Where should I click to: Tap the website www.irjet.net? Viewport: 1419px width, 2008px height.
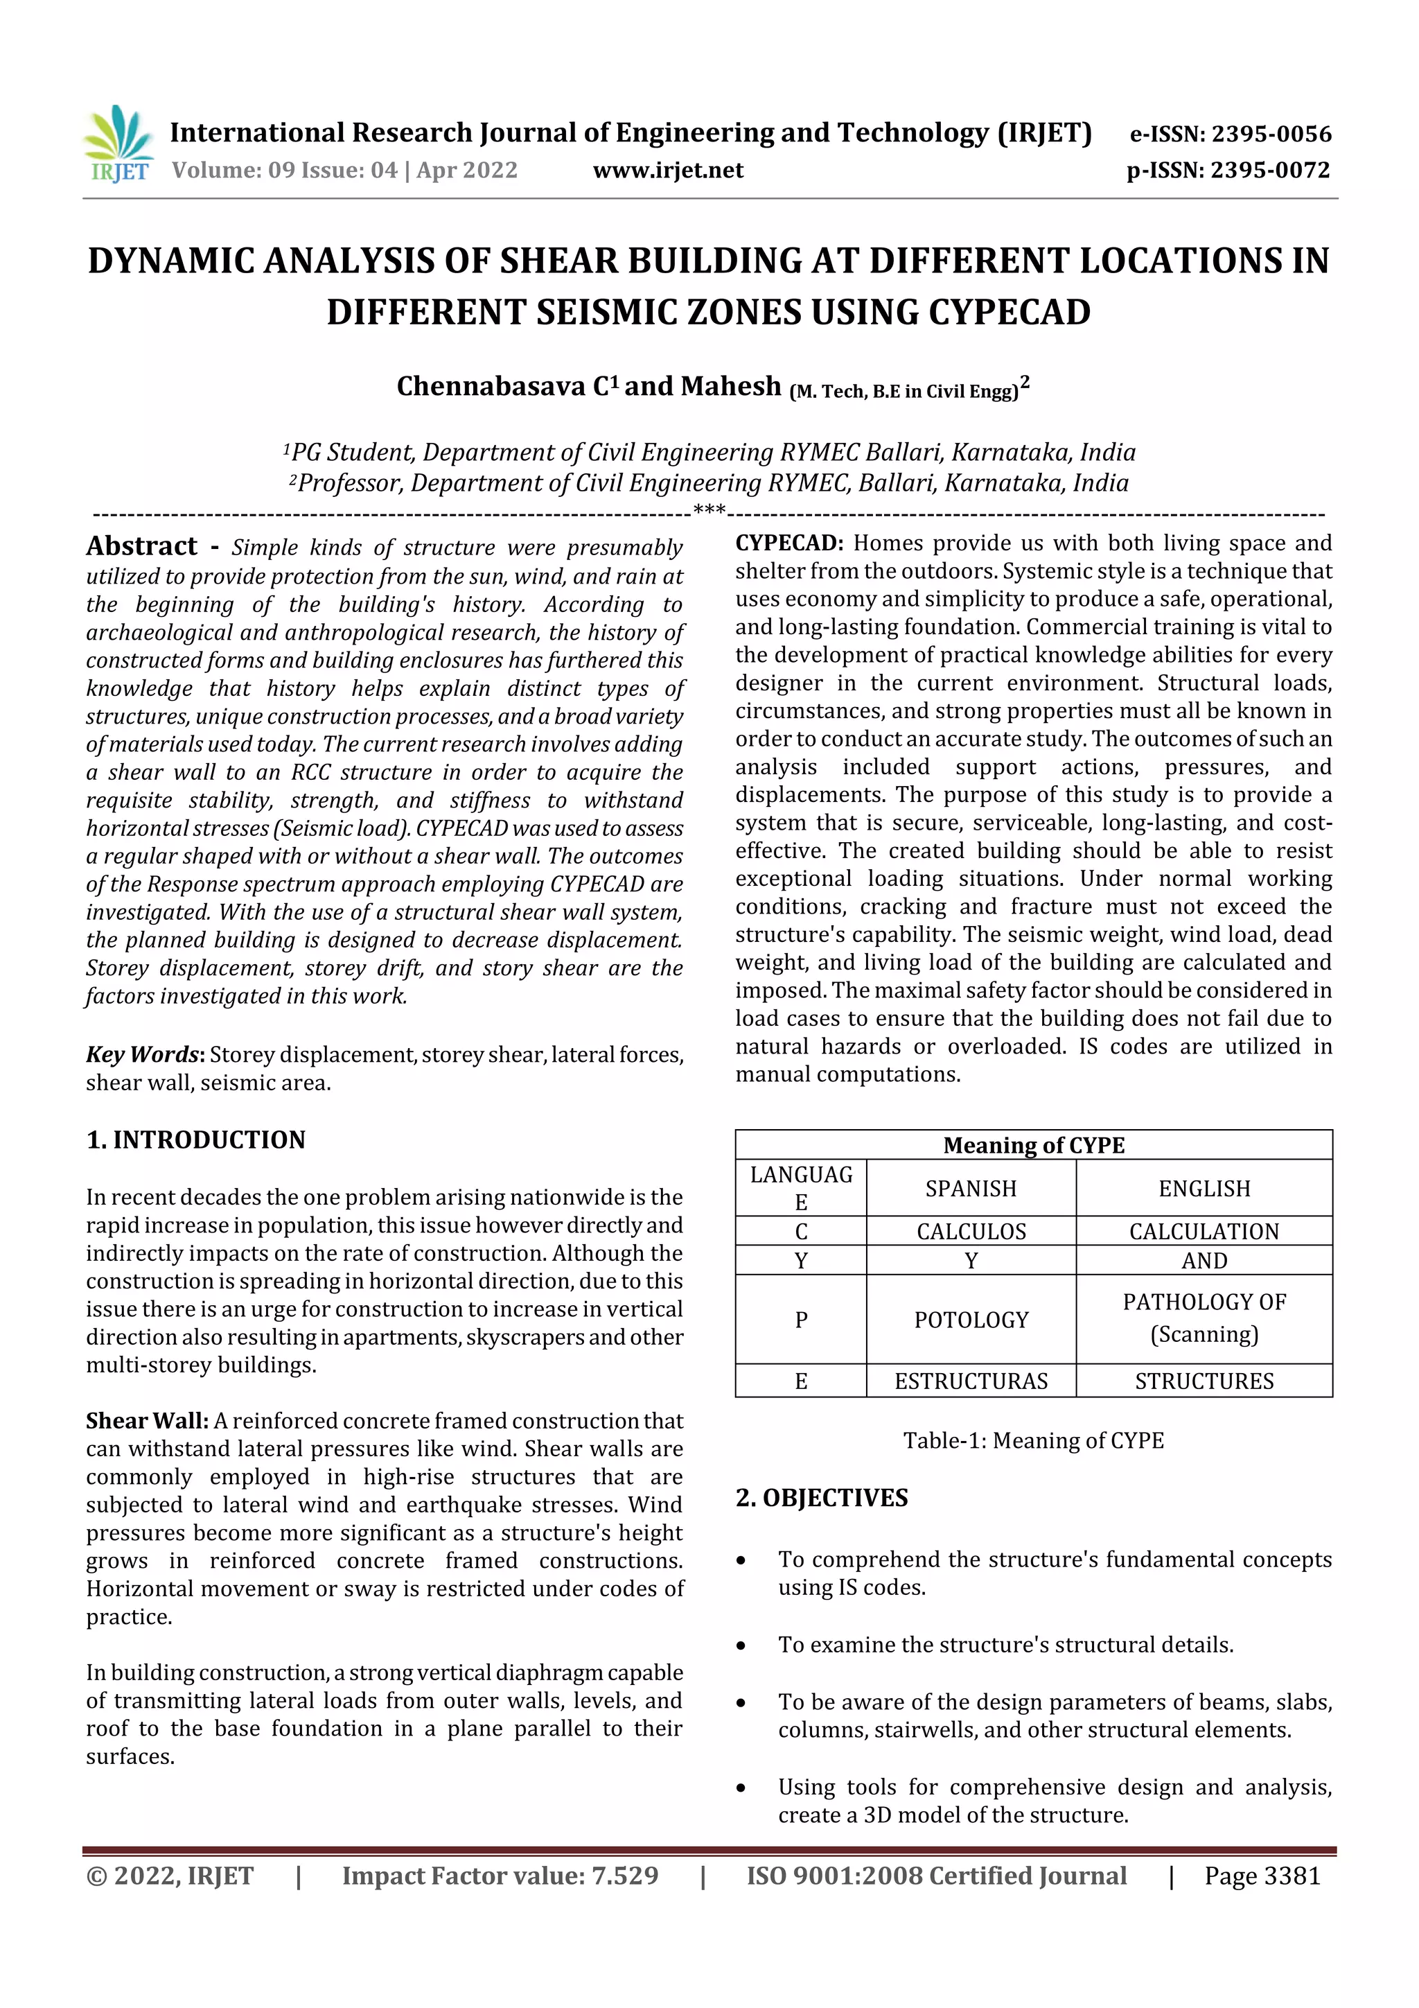668,170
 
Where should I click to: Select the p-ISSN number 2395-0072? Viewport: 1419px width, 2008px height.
1270,170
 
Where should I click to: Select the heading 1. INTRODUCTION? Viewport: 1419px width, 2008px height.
196,1140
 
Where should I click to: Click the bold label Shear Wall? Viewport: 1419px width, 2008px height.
147,1420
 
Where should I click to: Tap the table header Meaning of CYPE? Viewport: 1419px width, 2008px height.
1034,1145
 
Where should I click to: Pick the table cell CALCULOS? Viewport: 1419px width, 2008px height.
971,1232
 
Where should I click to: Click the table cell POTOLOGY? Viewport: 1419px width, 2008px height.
971,1320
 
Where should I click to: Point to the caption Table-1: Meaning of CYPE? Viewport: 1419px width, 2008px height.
1034,1440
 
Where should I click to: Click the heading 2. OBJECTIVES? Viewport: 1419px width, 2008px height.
822,1497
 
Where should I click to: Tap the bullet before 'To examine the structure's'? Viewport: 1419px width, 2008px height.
741,1646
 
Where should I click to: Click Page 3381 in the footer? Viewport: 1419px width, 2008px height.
1262,1875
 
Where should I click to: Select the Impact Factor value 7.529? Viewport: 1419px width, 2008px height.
624,1875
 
